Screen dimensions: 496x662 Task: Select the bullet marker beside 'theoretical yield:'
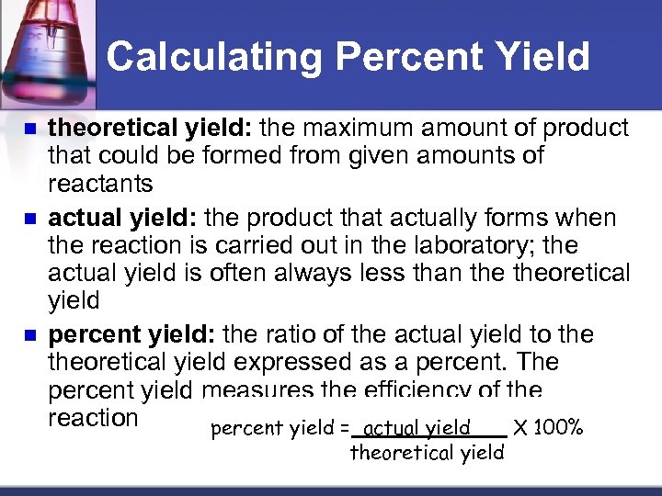32,129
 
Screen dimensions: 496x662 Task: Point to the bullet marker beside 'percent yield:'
32,333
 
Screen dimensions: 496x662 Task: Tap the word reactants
100,184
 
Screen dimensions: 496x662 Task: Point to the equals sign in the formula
344,428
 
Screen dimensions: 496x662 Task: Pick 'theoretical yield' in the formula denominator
427,452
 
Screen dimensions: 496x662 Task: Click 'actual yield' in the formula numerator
417,428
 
